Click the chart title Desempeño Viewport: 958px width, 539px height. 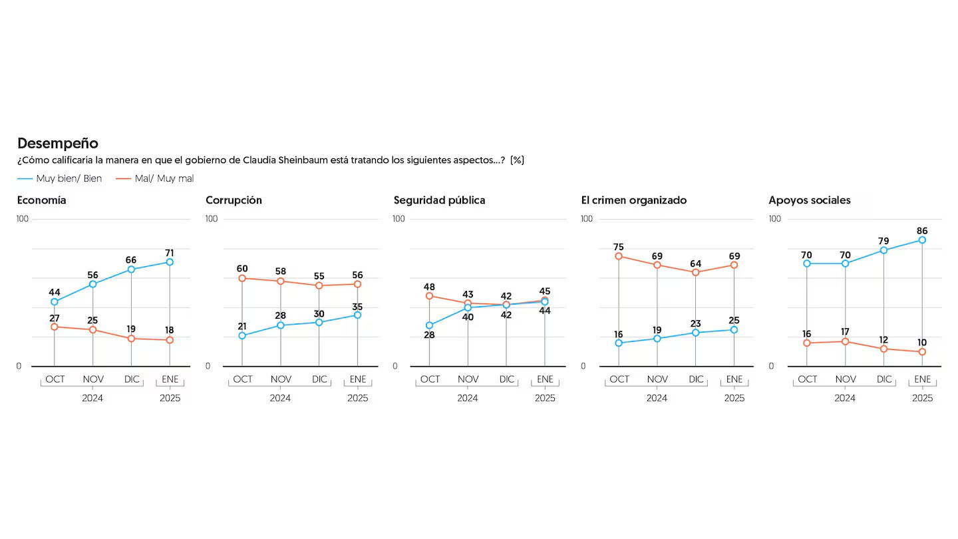point(57,143)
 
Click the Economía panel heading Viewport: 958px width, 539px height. point(41,200)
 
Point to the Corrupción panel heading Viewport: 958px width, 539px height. point(234,200)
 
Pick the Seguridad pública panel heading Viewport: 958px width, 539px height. point(439,200)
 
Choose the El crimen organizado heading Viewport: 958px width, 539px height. point(633,200)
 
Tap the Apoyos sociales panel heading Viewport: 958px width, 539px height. point(809,200)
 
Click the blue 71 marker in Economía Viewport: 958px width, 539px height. point(170,262)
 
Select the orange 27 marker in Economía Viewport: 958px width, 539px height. point(55,327)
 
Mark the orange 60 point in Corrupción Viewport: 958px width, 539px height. point(242,278)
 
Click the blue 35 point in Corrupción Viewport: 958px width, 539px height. point(357,315)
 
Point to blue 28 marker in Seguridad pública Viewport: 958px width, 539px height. point(429,325)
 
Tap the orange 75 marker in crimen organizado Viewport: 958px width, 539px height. point(619,256)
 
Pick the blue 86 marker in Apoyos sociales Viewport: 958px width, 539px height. point(922,240)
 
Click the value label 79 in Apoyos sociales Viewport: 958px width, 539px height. point(884,240)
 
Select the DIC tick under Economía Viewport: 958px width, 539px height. point(131,379)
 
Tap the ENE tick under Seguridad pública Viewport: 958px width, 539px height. point(545,379)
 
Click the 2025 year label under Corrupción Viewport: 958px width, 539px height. point(357,398)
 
